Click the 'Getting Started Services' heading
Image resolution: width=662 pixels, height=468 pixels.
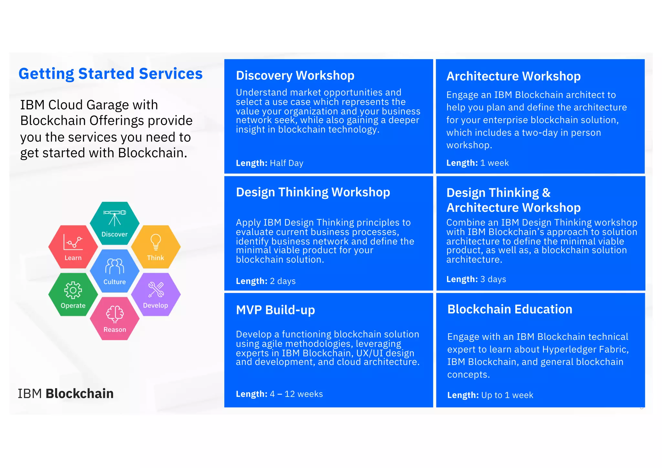tap(111, 74)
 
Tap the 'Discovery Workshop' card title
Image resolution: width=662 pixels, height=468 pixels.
tap(295, 75)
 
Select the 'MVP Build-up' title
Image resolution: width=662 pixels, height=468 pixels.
tap(275, 310)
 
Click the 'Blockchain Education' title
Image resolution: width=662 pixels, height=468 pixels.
tap(510, 309)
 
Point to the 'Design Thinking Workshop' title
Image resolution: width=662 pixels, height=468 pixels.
tap(313, 192)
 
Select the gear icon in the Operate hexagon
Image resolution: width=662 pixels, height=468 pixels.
tap(73, 290)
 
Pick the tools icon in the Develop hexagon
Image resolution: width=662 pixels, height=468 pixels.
tap(156, 289)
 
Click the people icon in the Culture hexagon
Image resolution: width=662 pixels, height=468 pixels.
tap(114, 266)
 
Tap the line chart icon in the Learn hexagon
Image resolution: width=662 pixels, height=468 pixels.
tap(73, 242)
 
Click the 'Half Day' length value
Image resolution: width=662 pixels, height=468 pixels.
tap(286, 163)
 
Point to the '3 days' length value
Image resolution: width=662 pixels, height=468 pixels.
tap(493, 279)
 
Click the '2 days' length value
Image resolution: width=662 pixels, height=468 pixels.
tap(283, 281)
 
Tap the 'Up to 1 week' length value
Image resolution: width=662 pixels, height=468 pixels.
tap(507, 395)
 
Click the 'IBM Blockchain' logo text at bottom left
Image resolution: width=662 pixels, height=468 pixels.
tap(66, 394)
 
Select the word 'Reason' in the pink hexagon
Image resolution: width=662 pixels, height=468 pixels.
tap(115, 330)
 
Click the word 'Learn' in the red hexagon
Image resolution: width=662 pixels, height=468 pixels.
tap(73, 258)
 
